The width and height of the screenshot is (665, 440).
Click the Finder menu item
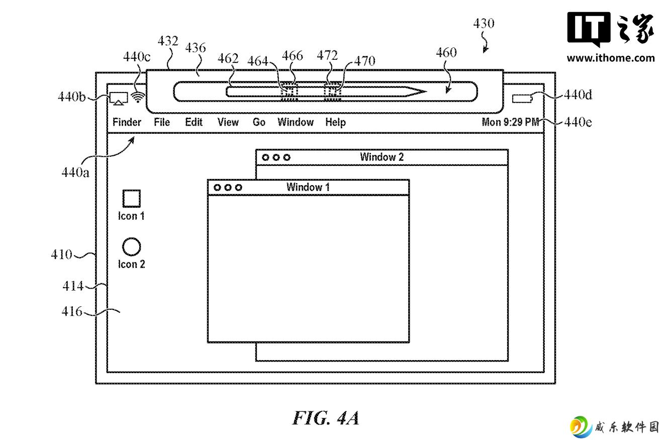[x=127, y=122]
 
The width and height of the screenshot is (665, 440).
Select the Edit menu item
[x=194, y=122]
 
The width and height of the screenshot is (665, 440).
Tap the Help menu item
[x=335, y=122]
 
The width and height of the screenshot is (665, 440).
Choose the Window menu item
[x=296, y=122]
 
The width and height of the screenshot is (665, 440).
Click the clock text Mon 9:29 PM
[x=510, y=122]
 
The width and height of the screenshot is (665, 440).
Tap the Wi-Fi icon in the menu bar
[x=138, y=97]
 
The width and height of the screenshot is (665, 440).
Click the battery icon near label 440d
[x=522, y=99]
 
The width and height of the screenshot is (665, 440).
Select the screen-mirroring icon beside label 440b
[x=119, y=99]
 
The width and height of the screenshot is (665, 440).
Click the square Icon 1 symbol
[x=132, y=199]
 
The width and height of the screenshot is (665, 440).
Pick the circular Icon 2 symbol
[x=131, y=246]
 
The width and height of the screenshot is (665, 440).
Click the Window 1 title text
[x=308, y=187]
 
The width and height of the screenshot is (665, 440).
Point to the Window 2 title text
[x=382, y=157]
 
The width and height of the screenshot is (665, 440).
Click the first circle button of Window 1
[x=217, y=188]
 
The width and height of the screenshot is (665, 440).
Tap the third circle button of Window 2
[x=287, y=157]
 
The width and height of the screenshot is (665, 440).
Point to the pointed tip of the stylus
[x=426, y=92]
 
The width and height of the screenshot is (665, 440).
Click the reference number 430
[x=484, y=24]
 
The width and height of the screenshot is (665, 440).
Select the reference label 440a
[x=75, y=172]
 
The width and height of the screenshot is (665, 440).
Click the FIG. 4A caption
[x=326, y=418]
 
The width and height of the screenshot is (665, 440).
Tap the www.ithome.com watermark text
[x=610, y=58]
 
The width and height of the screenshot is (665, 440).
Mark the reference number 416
[x=72, y=311]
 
